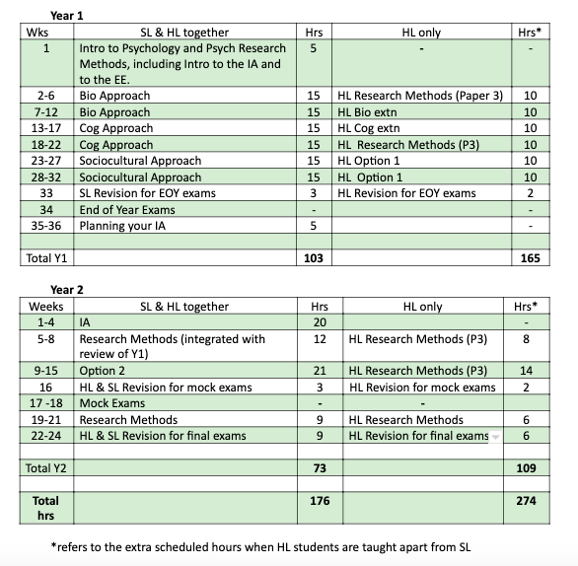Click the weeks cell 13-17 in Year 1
click(45, 127)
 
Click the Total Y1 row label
click(50, 259)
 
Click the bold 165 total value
click(530, 259)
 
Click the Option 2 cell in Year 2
click(105, 371)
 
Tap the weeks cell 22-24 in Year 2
click(45, 435)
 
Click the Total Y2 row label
click(50, 466)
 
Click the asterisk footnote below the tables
click(265, 545)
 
